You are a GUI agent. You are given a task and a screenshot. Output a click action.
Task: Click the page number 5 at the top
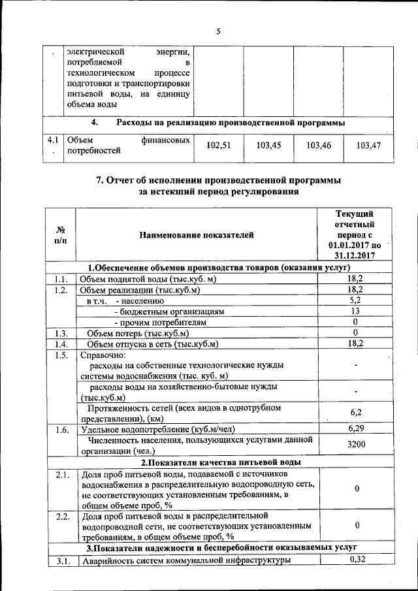tap(219, 29)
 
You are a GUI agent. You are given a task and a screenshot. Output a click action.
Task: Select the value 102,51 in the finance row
tap(219, 146)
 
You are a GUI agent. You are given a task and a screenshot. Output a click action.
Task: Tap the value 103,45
tap(268, 146)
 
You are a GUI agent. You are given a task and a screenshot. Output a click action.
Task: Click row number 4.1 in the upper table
tap(53, 140)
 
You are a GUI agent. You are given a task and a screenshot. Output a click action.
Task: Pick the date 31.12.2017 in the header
tap(353, 255)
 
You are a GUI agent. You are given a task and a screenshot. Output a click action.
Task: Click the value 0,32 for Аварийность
tap(357, 559)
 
